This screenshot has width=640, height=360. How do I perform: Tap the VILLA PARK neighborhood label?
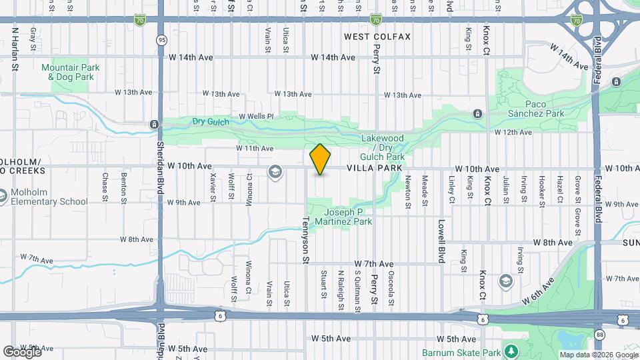[x=374, y=169]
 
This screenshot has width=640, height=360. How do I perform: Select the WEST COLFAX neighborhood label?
[x=377, y=36]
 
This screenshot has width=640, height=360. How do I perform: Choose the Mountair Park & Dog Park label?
[x=70, y=72]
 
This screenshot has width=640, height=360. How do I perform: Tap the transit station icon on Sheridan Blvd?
[x=154, y=124]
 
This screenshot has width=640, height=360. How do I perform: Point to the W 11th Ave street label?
[x=255, y=148]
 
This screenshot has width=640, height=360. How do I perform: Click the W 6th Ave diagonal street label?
[x=539, y=291]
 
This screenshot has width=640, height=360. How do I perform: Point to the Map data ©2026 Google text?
[x=598, y=355]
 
